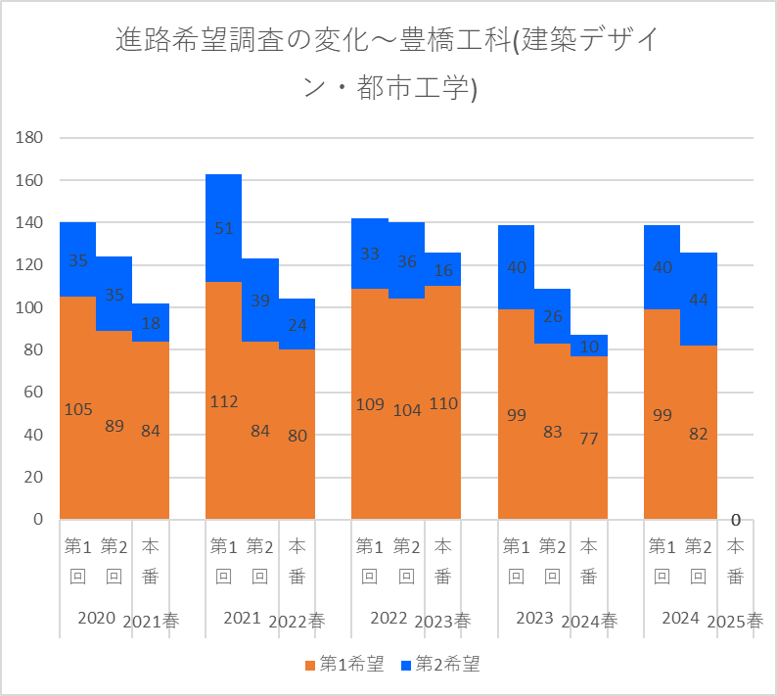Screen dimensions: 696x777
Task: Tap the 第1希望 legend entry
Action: pos(344,665)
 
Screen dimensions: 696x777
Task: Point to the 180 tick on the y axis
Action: pos(30,138)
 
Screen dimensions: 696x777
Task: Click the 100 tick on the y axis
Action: pos(30,307)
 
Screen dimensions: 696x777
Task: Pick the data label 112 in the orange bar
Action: pos(223,401)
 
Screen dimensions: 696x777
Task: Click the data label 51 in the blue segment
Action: pos(223,229)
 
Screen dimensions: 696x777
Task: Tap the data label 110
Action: pos(443,403)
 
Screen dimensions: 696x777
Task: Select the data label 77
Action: pos(590,438)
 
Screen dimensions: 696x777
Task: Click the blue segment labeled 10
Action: pos(590,346)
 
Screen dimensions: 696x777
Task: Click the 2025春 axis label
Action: pos(735,622)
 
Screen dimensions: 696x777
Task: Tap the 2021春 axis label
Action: pos(151,622)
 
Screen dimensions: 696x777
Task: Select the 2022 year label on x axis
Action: pos(388,619)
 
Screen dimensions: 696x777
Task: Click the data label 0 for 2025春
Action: pos(735,520)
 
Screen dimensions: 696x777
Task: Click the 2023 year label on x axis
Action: pos(535,619)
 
